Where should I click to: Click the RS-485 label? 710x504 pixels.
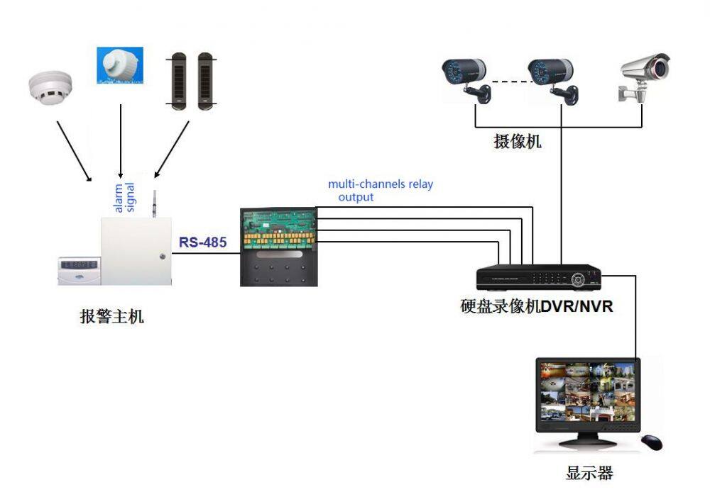click(202, 242)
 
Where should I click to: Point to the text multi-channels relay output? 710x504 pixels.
click(380, 191)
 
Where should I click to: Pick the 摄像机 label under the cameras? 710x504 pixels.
click(518, 141)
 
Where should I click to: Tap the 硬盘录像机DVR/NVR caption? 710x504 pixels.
click(537, 307)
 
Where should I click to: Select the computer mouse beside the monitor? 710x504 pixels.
click(651, 442)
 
